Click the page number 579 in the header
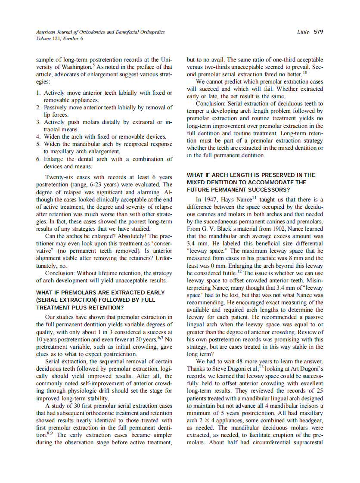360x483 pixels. click(x=318, y=32)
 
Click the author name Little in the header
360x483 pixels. click(x=303, y=32)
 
